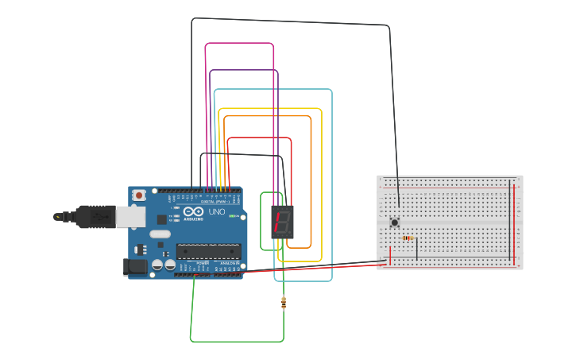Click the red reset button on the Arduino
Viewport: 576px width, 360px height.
139,195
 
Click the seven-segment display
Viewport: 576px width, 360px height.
280,222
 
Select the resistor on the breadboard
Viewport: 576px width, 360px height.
408,238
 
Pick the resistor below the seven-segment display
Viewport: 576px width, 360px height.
284,302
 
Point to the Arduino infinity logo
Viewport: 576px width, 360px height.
193,211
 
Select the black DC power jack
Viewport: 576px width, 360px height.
136,266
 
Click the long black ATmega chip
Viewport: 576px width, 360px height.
208,251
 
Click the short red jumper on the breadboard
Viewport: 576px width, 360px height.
389,254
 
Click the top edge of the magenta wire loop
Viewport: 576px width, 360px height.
239,43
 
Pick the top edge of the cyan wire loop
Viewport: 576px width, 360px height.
273,89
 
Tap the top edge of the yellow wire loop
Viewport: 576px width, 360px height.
270,108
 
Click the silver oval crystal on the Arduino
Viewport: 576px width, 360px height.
160,234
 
